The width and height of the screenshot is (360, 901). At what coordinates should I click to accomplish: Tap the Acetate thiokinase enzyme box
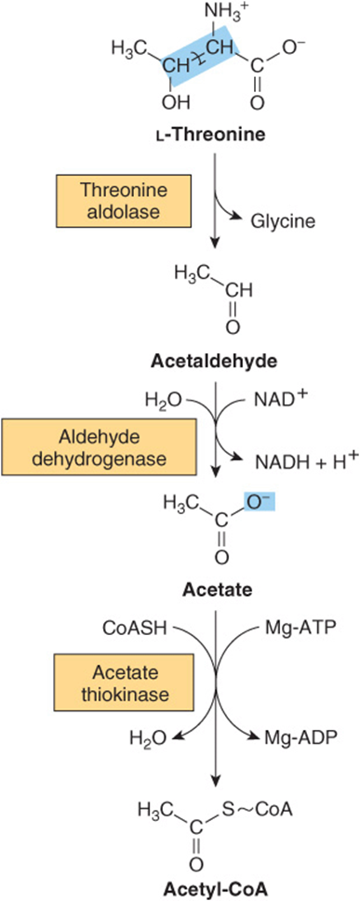125,682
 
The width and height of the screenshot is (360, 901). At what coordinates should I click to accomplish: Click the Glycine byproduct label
283,220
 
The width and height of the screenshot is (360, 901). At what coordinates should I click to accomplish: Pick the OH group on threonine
176,103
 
